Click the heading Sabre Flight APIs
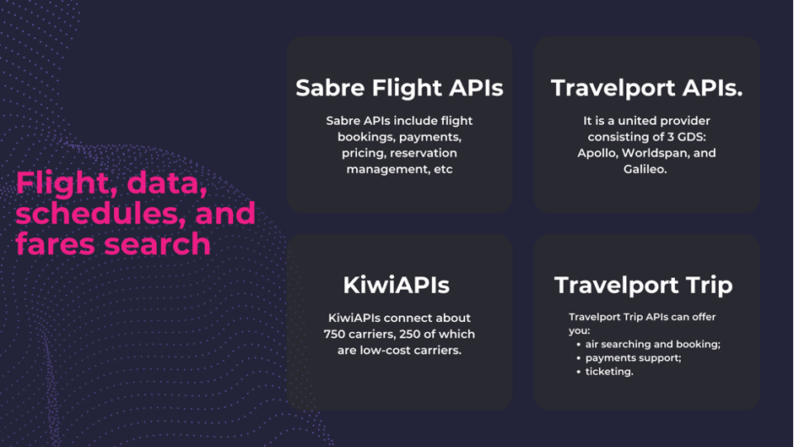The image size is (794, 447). point(399,88)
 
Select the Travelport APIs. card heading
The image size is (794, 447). point(646,88)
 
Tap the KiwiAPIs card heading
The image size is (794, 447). point(396,285)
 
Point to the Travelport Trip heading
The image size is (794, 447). point(643,286)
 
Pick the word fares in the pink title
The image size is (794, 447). point(56,244)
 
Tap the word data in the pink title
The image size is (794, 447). point(167,183)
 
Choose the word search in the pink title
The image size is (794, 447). point(158,244)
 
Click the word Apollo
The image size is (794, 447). point(597,153)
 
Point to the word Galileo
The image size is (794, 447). point(645,170)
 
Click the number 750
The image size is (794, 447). point(334,335)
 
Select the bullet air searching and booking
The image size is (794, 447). point(653,345)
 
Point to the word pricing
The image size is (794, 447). point(363,154)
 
